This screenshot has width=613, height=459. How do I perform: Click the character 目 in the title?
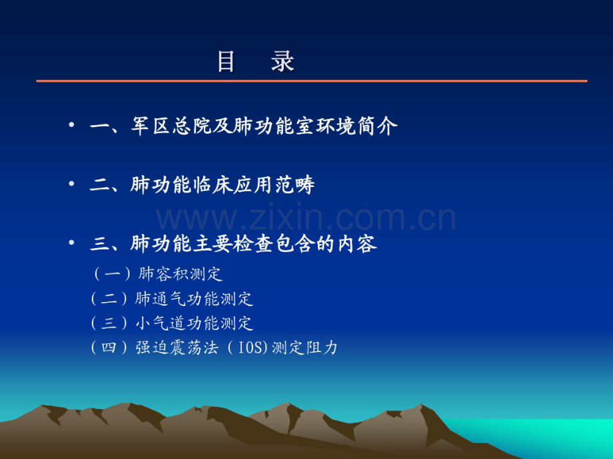[227, 61]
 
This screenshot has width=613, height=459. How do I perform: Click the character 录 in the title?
[283, 61]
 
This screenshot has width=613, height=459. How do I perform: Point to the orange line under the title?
[312, 81]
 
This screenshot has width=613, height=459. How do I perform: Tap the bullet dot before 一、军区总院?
[71, 125]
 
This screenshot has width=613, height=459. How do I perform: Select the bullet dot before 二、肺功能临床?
[71, 183]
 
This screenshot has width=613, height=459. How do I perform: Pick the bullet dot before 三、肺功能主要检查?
[71, 242]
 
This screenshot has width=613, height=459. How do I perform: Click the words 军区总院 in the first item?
[171, 126]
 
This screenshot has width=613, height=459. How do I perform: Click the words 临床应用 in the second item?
[233, 185]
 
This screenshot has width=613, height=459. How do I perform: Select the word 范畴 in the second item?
[295, 185]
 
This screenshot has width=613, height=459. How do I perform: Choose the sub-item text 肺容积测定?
[180, 274]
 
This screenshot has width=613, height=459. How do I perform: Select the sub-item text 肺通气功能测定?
[194, 299]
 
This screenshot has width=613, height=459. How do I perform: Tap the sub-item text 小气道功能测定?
[194, 323]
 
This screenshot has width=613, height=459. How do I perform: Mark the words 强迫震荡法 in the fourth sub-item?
[177, 347]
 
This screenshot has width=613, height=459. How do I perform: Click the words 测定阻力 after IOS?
[304, 347]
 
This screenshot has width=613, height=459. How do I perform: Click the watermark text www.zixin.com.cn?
[306, 218]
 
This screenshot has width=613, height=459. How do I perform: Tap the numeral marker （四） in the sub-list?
[109, 347]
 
